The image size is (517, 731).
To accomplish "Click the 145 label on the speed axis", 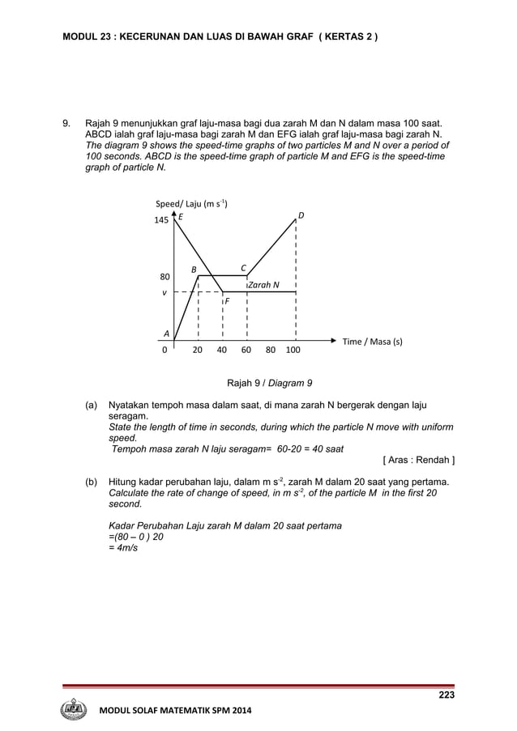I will coord(162,220).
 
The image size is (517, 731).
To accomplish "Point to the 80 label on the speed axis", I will coord(164,277).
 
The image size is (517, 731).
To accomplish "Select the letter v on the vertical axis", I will coord(164,293).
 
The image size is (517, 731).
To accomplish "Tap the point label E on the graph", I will coord(181,217).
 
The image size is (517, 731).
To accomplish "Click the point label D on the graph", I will coord(301,215).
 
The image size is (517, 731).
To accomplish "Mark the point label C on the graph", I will coord(243,267).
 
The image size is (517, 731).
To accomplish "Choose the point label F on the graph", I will coord(227,301).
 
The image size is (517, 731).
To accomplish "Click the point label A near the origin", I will coord(166,333).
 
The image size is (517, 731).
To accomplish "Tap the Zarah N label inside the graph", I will coord(264,285).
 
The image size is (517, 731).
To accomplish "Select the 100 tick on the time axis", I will coord(293,351).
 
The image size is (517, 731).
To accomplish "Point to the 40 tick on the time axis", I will coord(221,351).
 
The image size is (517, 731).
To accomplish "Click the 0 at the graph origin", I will coord(165,351).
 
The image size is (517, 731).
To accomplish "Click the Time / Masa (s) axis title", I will coord(372,342).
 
